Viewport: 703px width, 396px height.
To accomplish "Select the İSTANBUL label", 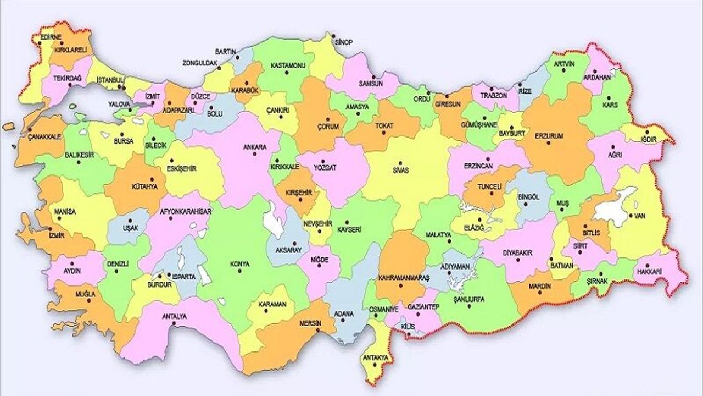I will pyautogui.click(x=110, y=80).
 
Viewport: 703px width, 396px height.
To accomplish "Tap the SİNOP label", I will pyautogui.click(x=344, y=42).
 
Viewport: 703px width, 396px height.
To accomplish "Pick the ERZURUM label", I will pyautogui.click(x=551, y=135).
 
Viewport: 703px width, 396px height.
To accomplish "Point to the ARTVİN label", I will pyautogui.click(x=563, y=64).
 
